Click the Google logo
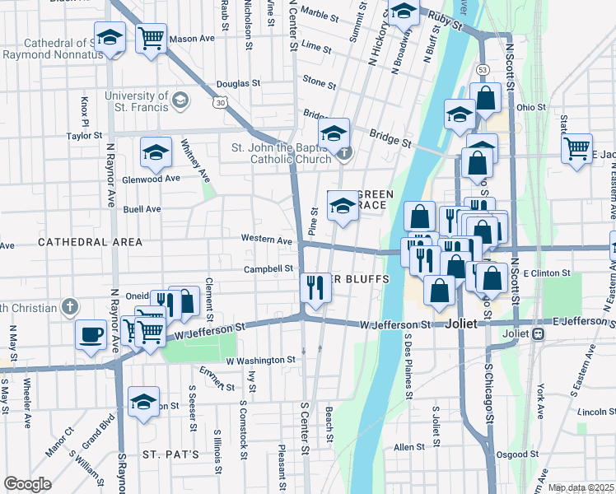coord(27,484)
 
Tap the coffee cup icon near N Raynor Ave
coord(91,335)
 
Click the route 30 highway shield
coord(220,102)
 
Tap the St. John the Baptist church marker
coord(344,152)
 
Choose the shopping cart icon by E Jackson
coord(576,149)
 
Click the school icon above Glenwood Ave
coord(155,151)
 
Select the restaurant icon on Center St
coord(315,287)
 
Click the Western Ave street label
coord(267,240)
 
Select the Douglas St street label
coord(239,84)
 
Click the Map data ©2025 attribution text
coord(581,487)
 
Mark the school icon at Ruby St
coord(404,12)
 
